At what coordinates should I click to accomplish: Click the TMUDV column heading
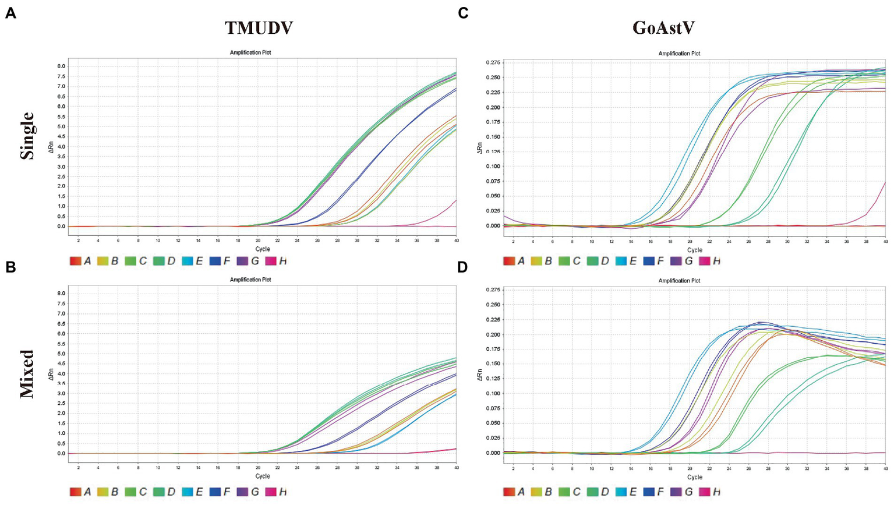pyautogui.click(x=259, y=27)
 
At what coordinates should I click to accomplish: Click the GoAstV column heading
pyautogui.click(x=663, y=27)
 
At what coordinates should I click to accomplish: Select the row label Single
pyautogui.click(x=27, y=136)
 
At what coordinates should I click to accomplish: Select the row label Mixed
pyautogui.click(x=27, y=373)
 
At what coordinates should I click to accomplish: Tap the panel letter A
pyautogui.click(x=10, y=13)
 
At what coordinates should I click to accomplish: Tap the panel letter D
pyautogui.click(x=462, y=267)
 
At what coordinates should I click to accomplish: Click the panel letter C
pyautogui.click(x=463, y=13)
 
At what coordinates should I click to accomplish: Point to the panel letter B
pyautogui.click(x=10, y=267)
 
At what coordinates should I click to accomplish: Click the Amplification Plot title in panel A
pyautogui.click(x=250, y=52)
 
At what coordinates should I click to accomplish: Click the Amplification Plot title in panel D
pyautogui.click(x=679, y=281)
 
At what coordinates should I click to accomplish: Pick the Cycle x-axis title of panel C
pyautogui.click(x=695, y=250)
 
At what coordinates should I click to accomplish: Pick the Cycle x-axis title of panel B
pyautogui.click(x=263, y=476)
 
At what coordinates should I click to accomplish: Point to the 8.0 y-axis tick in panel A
pyautogui.click(x=61, y=66)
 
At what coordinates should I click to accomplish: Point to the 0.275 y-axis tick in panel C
pyautogui.click(x=492, y=62)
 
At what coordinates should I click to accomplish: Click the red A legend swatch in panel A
pyautogui.click(x=75, y=262)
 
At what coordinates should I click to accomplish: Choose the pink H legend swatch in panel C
pyautogui.click(x=704, y=262)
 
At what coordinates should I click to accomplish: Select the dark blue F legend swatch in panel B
pyautogui.click(x=215, y=492)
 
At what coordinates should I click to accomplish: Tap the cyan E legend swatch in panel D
pyautogui.click(x=620, y=492)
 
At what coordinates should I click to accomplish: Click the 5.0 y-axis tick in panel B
pyautogui.click(x=61, y=354)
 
